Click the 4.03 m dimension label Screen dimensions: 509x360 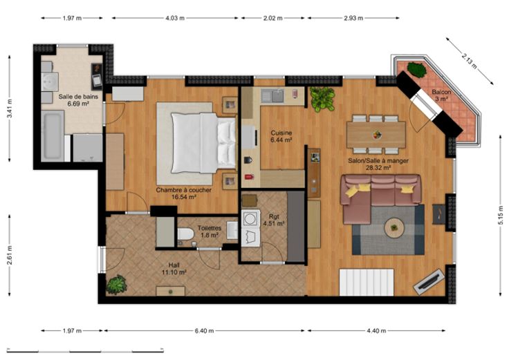click(175, 18)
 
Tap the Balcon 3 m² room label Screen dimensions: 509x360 click(441, 95)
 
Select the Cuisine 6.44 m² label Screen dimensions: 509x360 click(281, 136)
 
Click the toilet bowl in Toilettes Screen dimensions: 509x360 click(185, 234)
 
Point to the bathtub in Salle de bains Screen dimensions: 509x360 click(53, 135)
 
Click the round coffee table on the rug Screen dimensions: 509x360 click(394, 228)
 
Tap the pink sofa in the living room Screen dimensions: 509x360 click(380, 198)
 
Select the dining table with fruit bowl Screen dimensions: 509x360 click(376, 135)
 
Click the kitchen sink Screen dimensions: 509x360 click(272, 95)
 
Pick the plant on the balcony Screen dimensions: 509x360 click(416, 70)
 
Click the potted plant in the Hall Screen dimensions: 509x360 click(116, 285)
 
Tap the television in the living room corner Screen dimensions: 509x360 click(429, 282)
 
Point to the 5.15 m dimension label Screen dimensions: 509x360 click(501, 215)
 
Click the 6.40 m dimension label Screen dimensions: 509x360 click(204, 331)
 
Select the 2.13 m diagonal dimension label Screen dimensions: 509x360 click(470, 61)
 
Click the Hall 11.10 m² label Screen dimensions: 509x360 click(174, 269)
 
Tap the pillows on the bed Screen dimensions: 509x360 click(227, 143)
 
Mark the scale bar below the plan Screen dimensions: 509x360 click(85, 350)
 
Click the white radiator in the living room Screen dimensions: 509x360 click(367, 282)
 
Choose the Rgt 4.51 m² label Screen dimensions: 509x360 click(274, 220)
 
